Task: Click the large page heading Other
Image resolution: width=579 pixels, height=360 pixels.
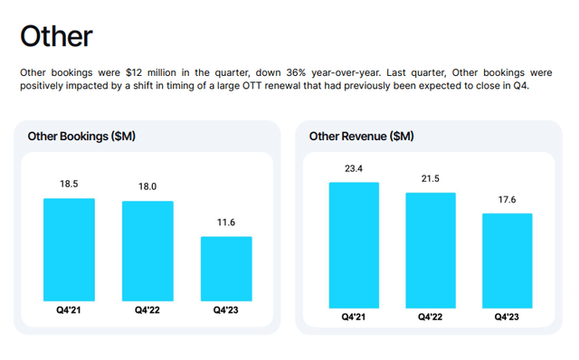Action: [x=56, y=35]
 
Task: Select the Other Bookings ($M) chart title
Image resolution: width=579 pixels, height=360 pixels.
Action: [x=82, y=137]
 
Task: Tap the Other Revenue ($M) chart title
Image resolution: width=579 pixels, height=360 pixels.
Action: [x=362, y=137]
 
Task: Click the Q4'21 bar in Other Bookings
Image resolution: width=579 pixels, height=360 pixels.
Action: [x=69, y=250]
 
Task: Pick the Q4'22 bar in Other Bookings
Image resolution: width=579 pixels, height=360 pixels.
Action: [x=147, y=251]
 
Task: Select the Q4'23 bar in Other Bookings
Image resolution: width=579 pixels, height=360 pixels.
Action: [x=226, y=269]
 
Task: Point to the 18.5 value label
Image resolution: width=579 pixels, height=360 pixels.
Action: [x=69, y=184]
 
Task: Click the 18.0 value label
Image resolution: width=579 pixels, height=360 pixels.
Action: [x=147, y=186]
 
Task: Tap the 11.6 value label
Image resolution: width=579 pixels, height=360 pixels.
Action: [x=226, y=223]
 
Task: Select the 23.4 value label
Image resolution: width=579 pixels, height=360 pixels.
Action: [x=353, y=168]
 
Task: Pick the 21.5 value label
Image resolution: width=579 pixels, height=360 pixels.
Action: [x=431, y=179]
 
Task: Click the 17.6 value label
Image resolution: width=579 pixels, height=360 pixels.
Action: [x=508, y=200]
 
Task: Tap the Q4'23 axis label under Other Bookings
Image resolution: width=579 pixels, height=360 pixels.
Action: [x=226, y=310]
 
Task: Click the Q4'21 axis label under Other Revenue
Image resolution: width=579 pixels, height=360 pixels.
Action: [x=353, y=317]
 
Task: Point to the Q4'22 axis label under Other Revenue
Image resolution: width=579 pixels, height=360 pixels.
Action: [x=431, y=317]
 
